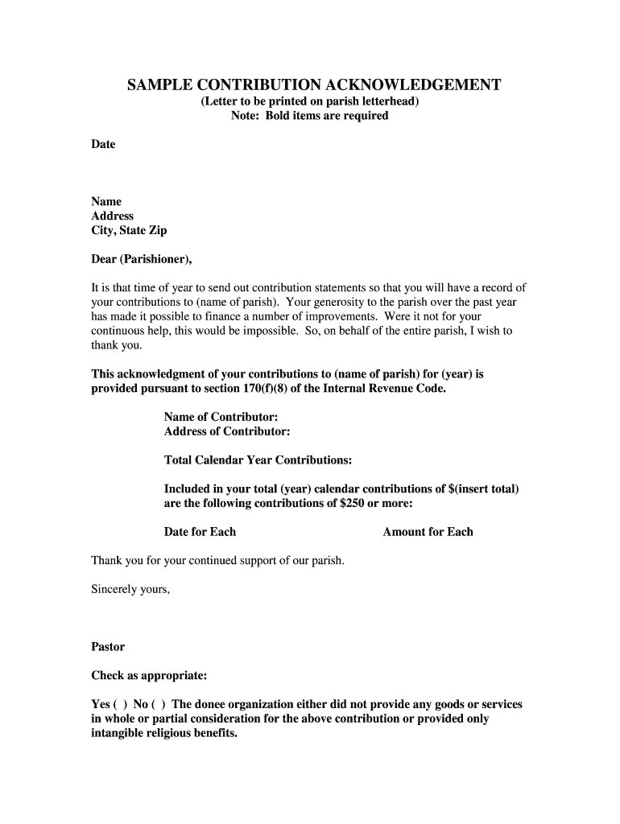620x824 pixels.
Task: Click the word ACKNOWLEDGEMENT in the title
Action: [x=409, y=85]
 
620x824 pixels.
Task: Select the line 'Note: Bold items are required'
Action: [x=309, y=116]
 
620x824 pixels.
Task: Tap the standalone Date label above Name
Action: [x=103, y=145]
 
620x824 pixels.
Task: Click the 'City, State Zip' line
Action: [x=129, y=231]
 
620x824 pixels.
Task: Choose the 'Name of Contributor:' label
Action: [x=221, y=417]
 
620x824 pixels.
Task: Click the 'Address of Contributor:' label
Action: [x=227, y=431]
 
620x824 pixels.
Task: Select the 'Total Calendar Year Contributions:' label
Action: [x=258, y=460]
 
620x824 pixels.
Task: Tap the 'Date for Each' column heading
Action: [x=200, y=532]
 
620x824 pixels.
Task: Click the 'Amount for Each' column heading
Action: [x=428, y=532]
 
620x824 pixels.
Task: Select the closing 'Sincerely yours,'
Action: [x=130, y=589]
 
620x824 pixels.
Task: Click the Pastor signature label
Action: [x=108, y=647]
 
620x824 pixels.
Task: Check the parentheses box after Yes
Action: [x=120, y=705]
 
